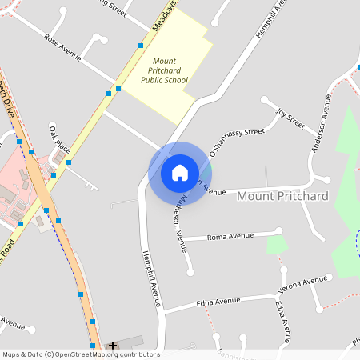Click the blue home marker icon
[180, 173]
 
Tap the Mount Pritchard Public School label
[164, 70]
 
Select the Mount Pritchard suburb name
[283, 196]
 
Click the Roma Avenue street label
[230, 237]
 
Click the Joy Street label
[290, 119]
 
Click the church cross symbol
[113, 346]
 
